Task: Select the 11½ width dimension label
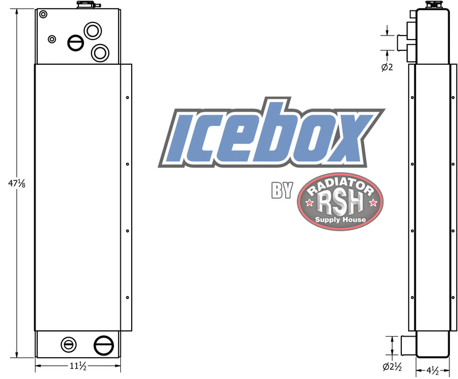coord(78,366)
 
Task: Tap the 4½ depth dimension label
coord(432,370)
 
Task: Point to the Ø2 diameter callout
coord(387,68)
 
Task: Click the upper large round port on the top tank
coord(92,30)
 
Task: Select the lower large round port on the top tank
coord(100,53)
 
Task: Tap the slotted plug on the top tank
coord(76,42)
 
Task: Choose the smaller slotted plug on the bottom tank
coord(68,344)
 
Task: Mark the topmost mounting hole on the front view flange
coord(127,97)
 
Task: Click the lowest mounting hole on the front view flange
coord(127,297)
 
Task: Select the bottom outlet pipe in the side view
coord(406,345)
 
